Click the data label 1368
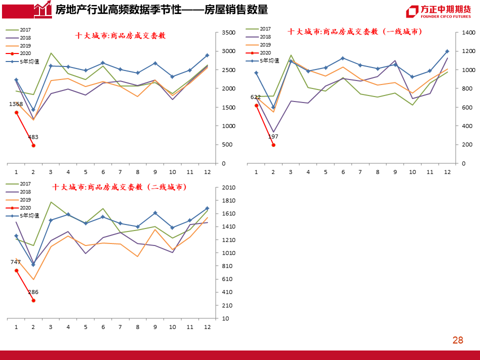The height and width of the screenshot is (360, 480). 16,104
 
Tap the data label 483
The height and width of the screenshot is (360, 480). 33,137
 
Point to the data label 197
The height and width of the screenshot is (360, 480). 273,136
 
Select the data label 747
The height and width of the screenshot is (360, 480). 15,262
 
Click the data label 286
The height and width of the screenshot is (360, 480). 33,292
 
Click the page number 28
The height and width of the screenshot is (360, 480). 457,340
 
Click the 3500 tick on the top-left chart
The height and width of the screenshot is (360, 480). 228,32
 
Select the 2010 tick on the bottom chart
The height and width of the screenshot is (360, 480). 228,187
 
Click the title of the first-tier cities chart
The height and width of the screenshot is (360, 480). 354,31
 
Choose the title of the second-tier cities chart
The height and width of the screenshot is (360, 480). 119,187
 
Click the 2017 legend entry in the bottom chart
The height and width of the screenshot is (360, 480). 25,183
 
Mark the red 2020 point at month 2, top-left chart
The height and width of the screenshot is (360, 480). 33,145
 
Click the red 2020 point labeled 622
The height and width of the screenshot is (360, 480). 256,105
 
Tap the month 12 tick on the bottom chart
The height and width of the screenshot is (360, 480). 207,326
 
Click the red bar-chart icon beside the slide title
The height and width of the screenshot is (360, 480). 42,8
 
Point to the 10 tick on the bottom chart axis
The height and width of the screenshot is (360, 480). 226,318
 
